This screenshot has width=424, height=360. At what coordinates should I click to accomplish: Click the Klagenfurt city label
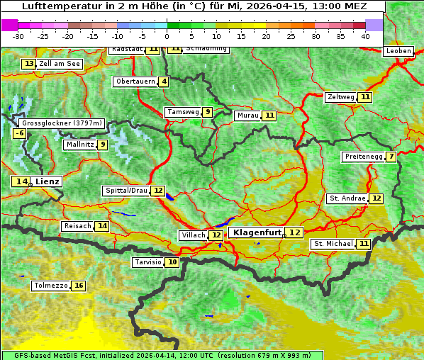(257, 232)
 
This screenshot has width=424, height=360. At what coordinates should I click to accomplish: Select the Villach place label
(194, 235)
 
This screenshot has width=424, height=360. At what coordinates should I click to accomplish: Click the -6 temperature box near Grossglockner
(20, 133)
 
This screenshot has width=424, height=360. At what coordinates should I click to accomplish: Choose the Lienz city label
(48, 181)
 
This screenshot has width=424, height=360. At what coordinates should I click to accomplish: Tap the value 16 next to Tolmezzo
(78, 286)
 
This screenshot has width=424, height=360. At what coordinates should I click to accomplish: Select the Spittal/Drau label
(126, 191)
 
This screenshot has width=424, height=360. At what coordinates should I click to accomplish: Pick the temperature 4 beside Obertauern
(164, 81)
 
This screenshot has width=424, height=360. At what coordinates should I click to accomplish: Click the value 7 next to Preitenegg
(391, 157)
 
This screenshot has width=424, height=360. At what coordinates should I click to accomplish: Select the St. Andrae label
(347, 198)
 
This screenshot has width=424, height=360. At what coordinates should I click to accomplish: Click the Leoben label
(397, 51)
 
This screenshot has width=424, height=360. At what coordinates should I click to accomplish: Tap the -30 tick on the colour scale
(18, 36)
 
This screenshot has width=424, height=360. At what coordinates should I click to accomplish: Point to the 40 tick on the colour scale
(365, 36)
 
